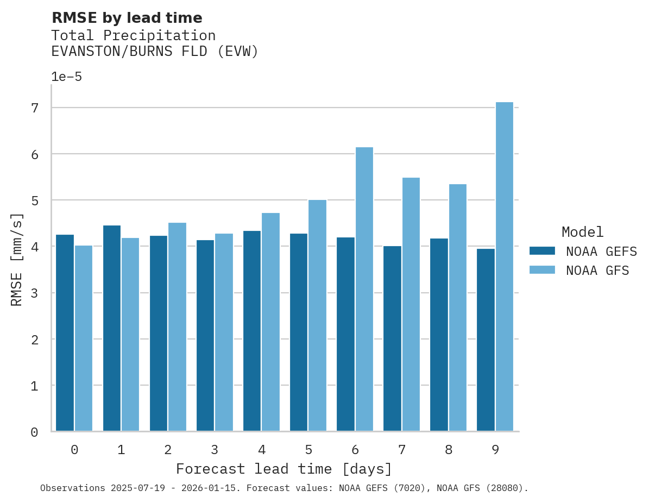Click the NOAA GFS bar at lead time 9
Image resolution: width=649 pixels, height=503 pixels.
tap(505, 266)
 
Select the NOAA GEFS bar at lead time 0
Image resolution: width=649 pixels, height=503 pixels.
tap(65, 332)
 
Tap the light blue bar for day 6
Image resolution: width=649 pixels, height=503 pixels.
tap(364, 289)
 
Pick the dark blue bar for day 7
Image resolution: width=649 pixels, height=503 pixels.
tap(392, 338)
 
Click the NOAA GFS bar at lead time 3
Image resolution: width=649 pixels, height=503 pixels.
tap(224, 332)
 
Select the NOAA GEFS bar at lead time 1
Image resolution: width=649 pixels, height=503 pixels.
tap(111, 328)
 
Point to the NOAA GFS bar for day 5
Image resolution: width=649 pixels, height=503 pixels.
tap(318, 315)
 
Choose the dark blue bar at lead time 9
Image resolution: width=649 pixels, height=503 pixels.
tap(486, 339)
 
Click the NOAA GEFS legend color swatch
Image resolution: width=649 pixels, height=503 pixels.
tap(542, 251)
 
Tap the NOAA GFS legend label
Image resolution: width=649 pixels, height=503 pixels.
tap(597, 271)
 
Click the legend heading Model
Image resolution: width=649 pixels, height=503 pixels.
tap(582, 232)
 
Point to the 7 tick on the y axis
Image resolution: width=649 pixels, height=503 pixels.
tap(35, 108)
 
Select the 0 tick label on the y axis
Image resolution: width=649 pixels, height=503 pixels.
tap(35, 432)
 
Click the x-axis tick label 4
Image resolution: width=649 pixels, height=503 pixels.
tap(262, 450)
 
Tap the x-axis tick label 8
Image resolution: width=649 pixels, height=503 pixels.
tap(449, 450)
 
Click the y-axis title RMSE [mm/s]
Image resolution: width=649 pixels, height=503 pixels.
tap(17, 260)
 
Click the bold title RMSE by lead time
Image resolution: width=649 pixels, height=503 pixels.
tap(127, 18)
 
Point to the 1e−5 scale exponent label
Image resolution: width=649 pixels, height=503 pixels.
tap(66, 77)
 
